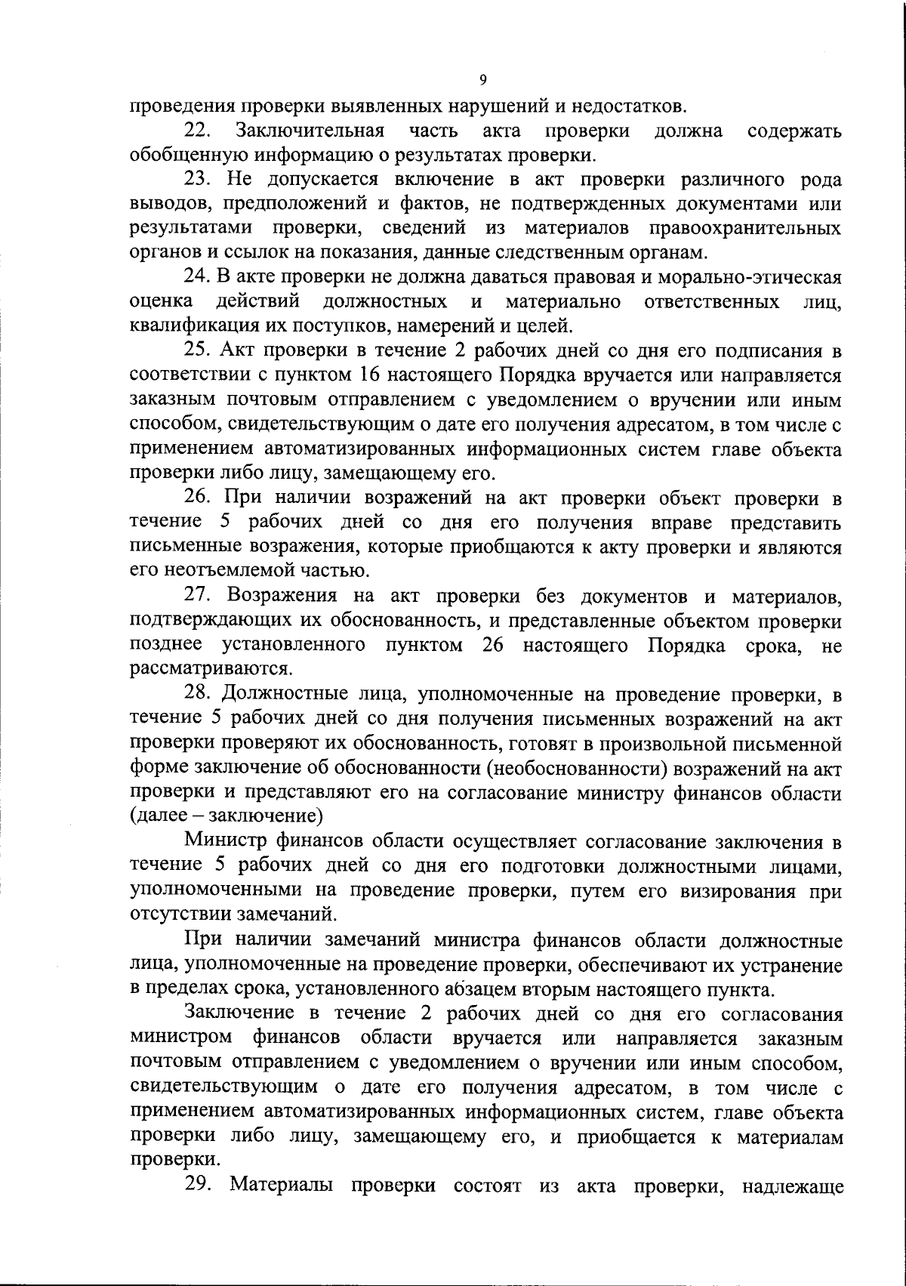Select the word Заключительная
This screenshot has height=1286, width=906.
click(310, 131)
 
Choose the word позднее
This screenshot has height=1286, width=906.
click(165, 645)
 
